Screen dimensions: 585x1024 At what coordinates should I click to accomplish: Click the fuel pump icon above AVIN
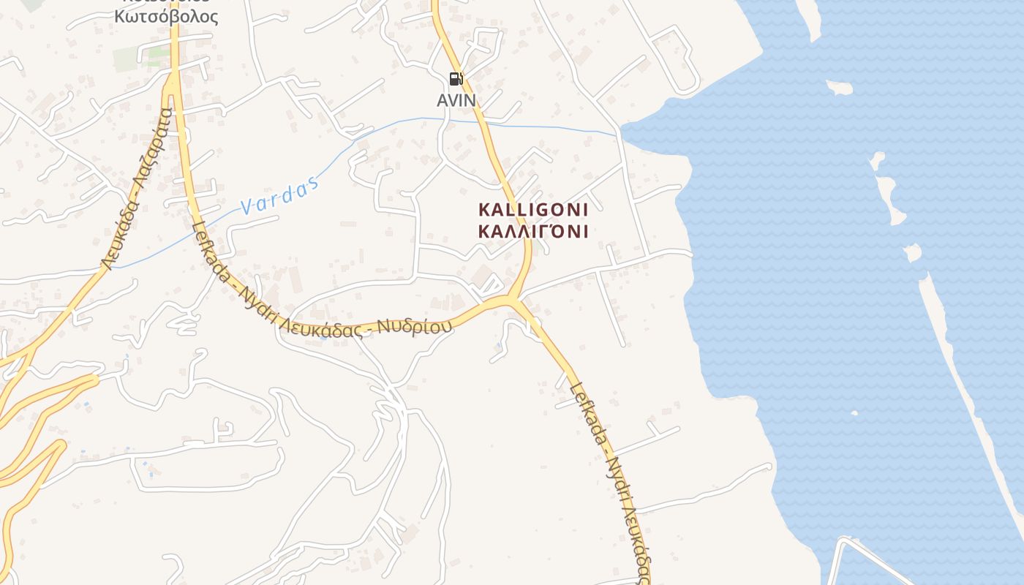[x=456, y=79]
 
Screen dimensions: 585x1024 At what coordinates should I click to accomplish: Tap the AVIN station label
[x=456, y=100]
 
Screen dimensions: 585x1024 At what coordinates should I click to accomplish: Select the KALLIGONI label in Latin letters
[x=533, y=210]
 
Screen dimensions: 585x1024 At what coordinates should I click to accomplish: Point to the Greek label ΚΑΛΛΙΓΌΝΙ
[x=533, y=232]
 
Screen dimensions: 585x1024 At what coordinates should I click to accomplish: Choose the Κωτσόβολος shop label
[x=166, y=16]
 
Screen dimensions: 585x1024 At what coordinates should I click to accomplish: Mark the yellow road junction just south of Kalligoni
[x=514, y=300]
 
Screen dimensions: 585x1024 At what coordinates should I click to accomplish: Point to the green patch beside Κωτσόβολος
[x=127, y=59]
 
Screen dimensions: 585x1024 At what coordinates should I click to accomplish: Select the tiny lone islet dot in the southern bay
[x=854, y=413]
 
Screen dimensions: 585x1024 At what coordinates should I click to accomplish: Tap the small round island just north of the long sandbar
[x=912, y=252]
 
